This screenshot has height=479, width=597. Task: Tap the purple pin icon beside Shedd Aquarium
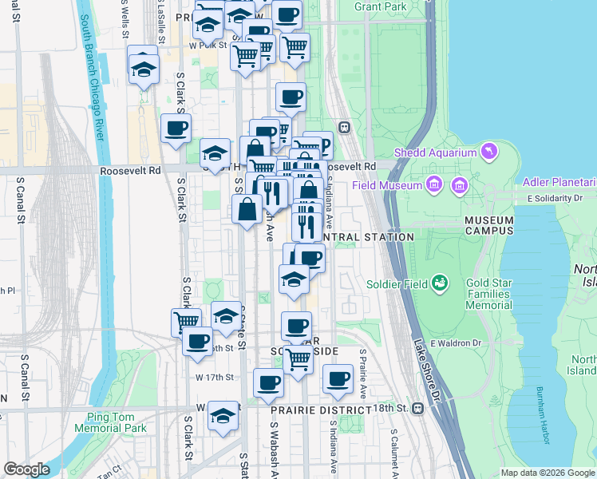[488, 151]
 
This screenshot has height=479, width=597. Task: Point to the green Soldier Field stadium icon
[438, 283]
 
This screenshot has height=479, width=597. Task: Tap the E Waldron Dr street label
[457, 343]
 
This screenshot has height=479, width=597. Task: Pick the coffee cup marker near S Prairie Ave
[338, 378]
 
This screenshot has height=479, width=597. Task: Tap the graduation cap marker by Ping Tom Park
[223, 415]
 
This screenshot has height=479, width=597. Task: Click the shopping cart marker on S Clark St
[186, 321]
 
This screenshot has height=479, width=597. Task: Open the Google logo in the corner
[26, 469]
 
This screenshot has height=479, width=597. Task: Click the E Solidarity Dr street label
[560, 198]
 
